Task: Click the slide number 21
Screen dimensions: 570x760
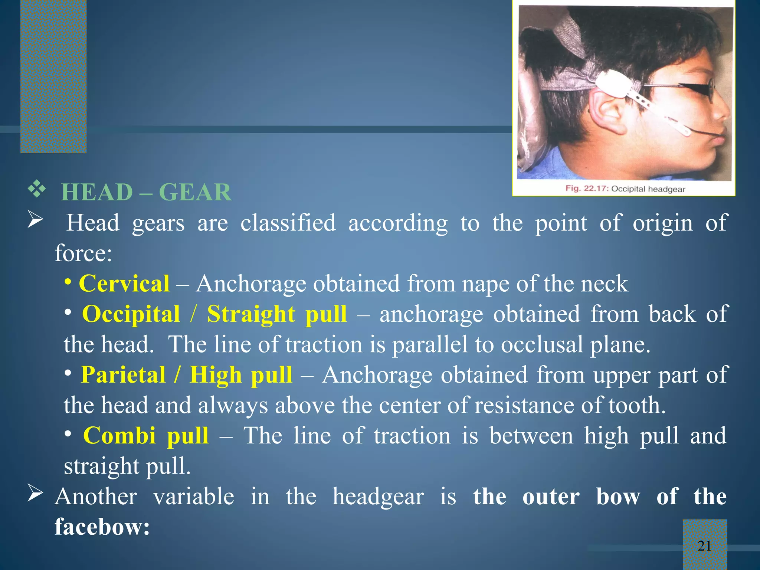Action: [x=704, y=546]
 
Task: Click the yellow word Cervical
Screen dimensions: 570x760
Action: [x=124, y=284]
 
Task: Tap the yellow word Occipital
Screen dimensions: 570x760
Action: [x=131, y=314]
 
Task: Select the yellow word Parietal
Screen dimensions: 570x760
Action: [x=123, y=375]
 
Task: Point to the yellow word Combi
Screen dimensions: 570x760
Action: [x=119, y=435]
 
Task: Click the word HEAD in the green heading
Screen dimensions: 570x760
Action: [x=97, y=192]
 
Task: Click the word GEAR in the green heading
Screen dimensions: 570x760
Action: [x=195, y=192]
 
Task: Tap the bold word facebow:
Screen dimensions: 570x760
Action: [x=102, y=527]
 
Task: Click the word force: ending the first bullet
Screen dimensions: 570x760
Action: [x=83, y=253]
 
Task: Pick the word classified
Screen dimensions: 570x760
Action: [x=288, y=223]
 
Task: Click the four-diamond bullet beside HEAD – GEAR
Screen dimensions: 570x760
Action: [x=37, y=190]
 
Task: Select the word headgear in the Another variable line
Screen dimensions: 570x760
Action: [x=378, y=497]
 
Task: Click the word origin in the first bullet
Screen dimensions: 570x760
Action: [x=662, y=223]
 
